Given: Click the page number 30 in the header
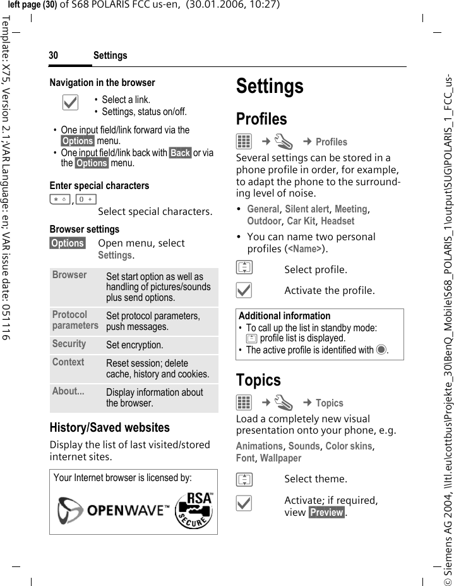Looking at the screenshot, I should point(54,56).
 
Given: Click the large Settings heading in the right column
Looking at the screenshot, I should point(270,86).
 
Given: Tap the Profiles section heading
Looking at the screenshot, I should point(261,119).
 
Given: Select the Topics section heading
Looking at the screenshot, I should point(258,380).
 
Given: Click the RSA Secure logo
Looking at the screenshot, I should point(194,510).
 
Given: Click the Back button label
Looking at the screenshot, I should point(180,153).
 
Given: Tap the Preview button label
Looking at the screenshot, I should point(326,512).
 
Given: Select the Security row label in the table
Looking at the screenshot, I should point(69,344).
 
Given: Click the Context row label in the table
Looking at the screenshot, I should point(68,362).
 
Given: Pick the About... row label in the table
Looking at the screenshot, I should point(68,391).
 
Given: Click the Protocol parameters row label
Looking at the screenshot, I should point(75,320).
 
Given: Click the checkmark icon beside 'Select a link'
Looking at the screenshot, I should point(71,103).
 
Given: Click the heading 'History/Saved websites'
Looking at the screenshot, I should point(110,428).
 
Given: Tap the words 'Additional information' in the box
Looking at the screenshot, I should point(284,316).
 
